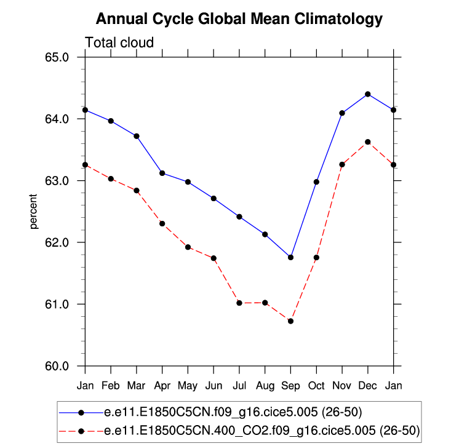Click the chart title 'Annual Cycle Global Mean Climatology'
239,20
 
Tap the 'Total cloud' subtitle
119,42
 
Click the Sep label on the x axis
290,386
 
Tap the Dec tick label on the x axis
368,386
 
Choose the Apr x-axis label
162,386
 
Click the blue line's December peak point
368,94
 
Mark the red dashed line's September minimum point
290,321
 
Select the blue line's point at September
290,257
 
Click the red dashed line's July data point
239,303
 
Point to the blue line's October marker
316,182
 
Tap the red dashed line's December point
368,142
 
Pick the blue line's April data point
162,173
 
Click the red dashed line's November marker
342,164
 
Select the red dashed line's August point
265,303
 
